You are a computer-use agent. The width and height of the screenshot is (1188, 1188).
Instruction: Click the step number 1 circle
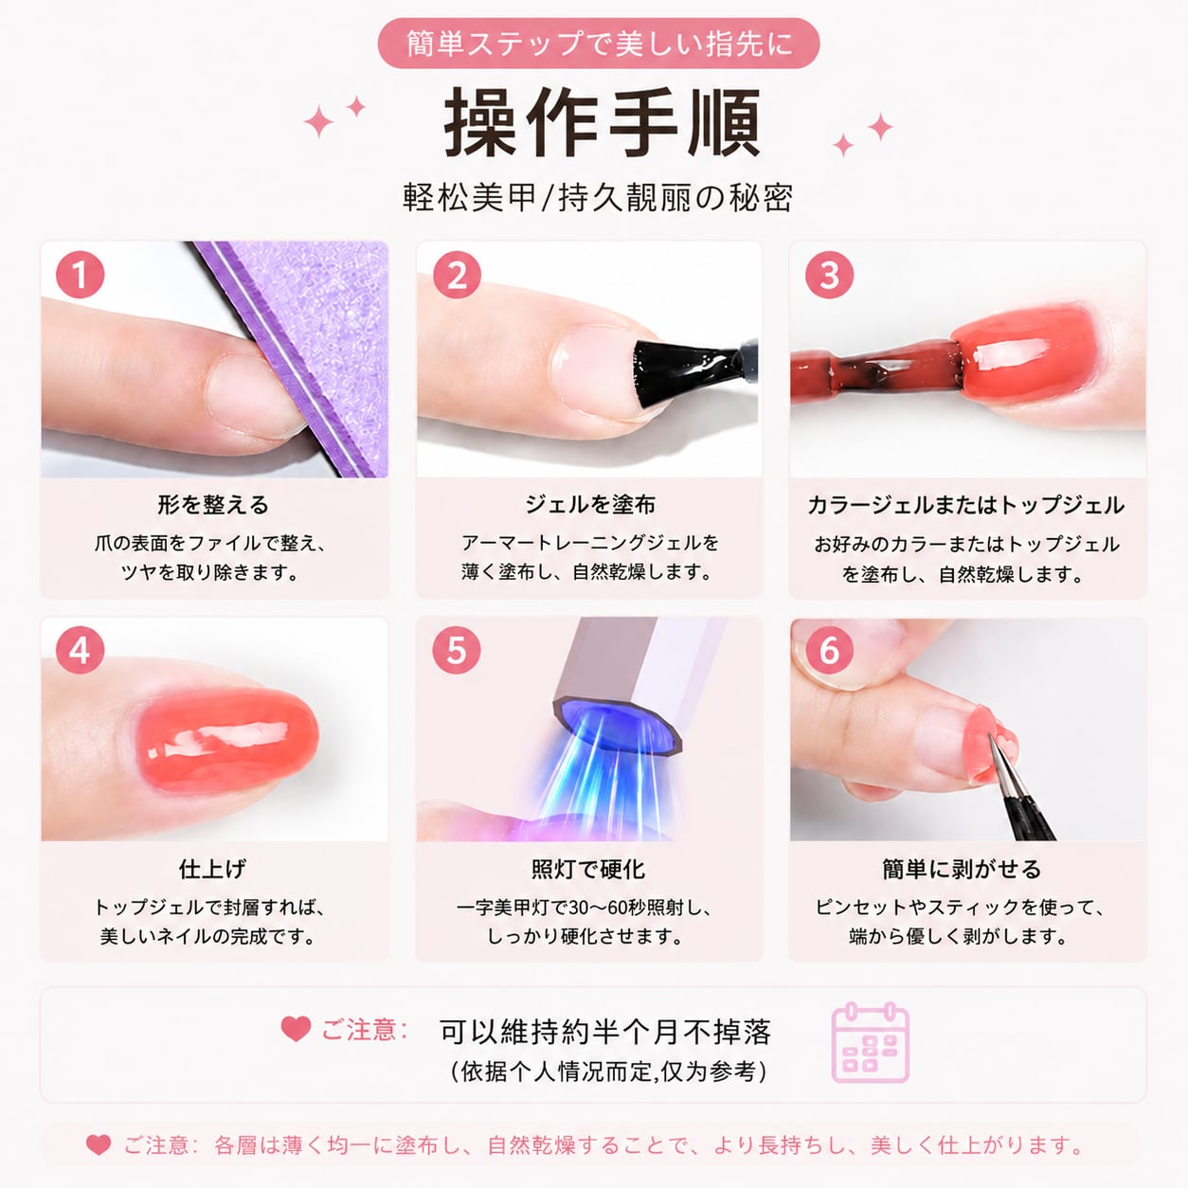coord(81,275)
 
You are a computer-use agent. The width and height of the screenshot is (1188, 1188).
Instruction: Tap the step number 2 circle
coord(457,275)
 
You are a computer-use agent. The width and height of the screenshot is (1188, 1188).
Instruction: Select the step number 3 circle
coord(829,275)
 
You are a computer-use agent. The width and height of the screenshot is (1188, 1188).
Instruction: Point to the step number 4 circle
coord(81,651)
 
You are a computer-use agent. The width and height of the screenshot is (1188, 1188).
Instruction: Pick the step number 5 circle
coord(457,651)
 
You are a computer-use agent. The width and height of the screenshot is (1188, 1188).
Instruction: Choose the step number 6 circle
coord(829,651)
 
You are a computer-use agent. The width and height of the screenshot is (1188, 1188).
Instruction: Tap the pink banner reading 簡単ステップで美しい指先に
coord(599,44)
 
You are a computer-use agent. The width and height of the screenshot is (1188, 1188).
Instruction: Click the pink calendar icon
coord(871,1042)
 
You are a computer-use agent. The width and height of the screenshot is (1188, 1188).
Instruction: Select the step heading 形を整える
coord(213,505)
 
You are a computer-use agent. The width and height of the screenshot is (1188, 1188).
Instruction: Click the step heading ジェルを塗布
coord(590,505)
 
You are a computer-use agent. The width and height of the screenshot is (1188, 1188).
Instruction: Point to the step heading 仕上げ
coord(213,870)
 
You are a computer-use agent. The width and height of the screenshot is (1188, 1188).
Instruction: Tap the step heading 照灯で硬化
coord(588,870)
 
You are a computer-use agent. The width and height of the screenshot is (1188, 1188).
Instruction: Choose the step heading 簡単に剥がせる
coord(962,870)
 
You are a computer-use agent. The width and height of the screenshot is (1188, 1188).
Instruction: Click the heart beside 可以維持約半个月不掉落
coord(296,1029)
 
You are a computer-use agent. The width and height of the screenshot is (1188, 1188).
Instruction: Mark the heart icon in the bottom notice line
coord(99,1144)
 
